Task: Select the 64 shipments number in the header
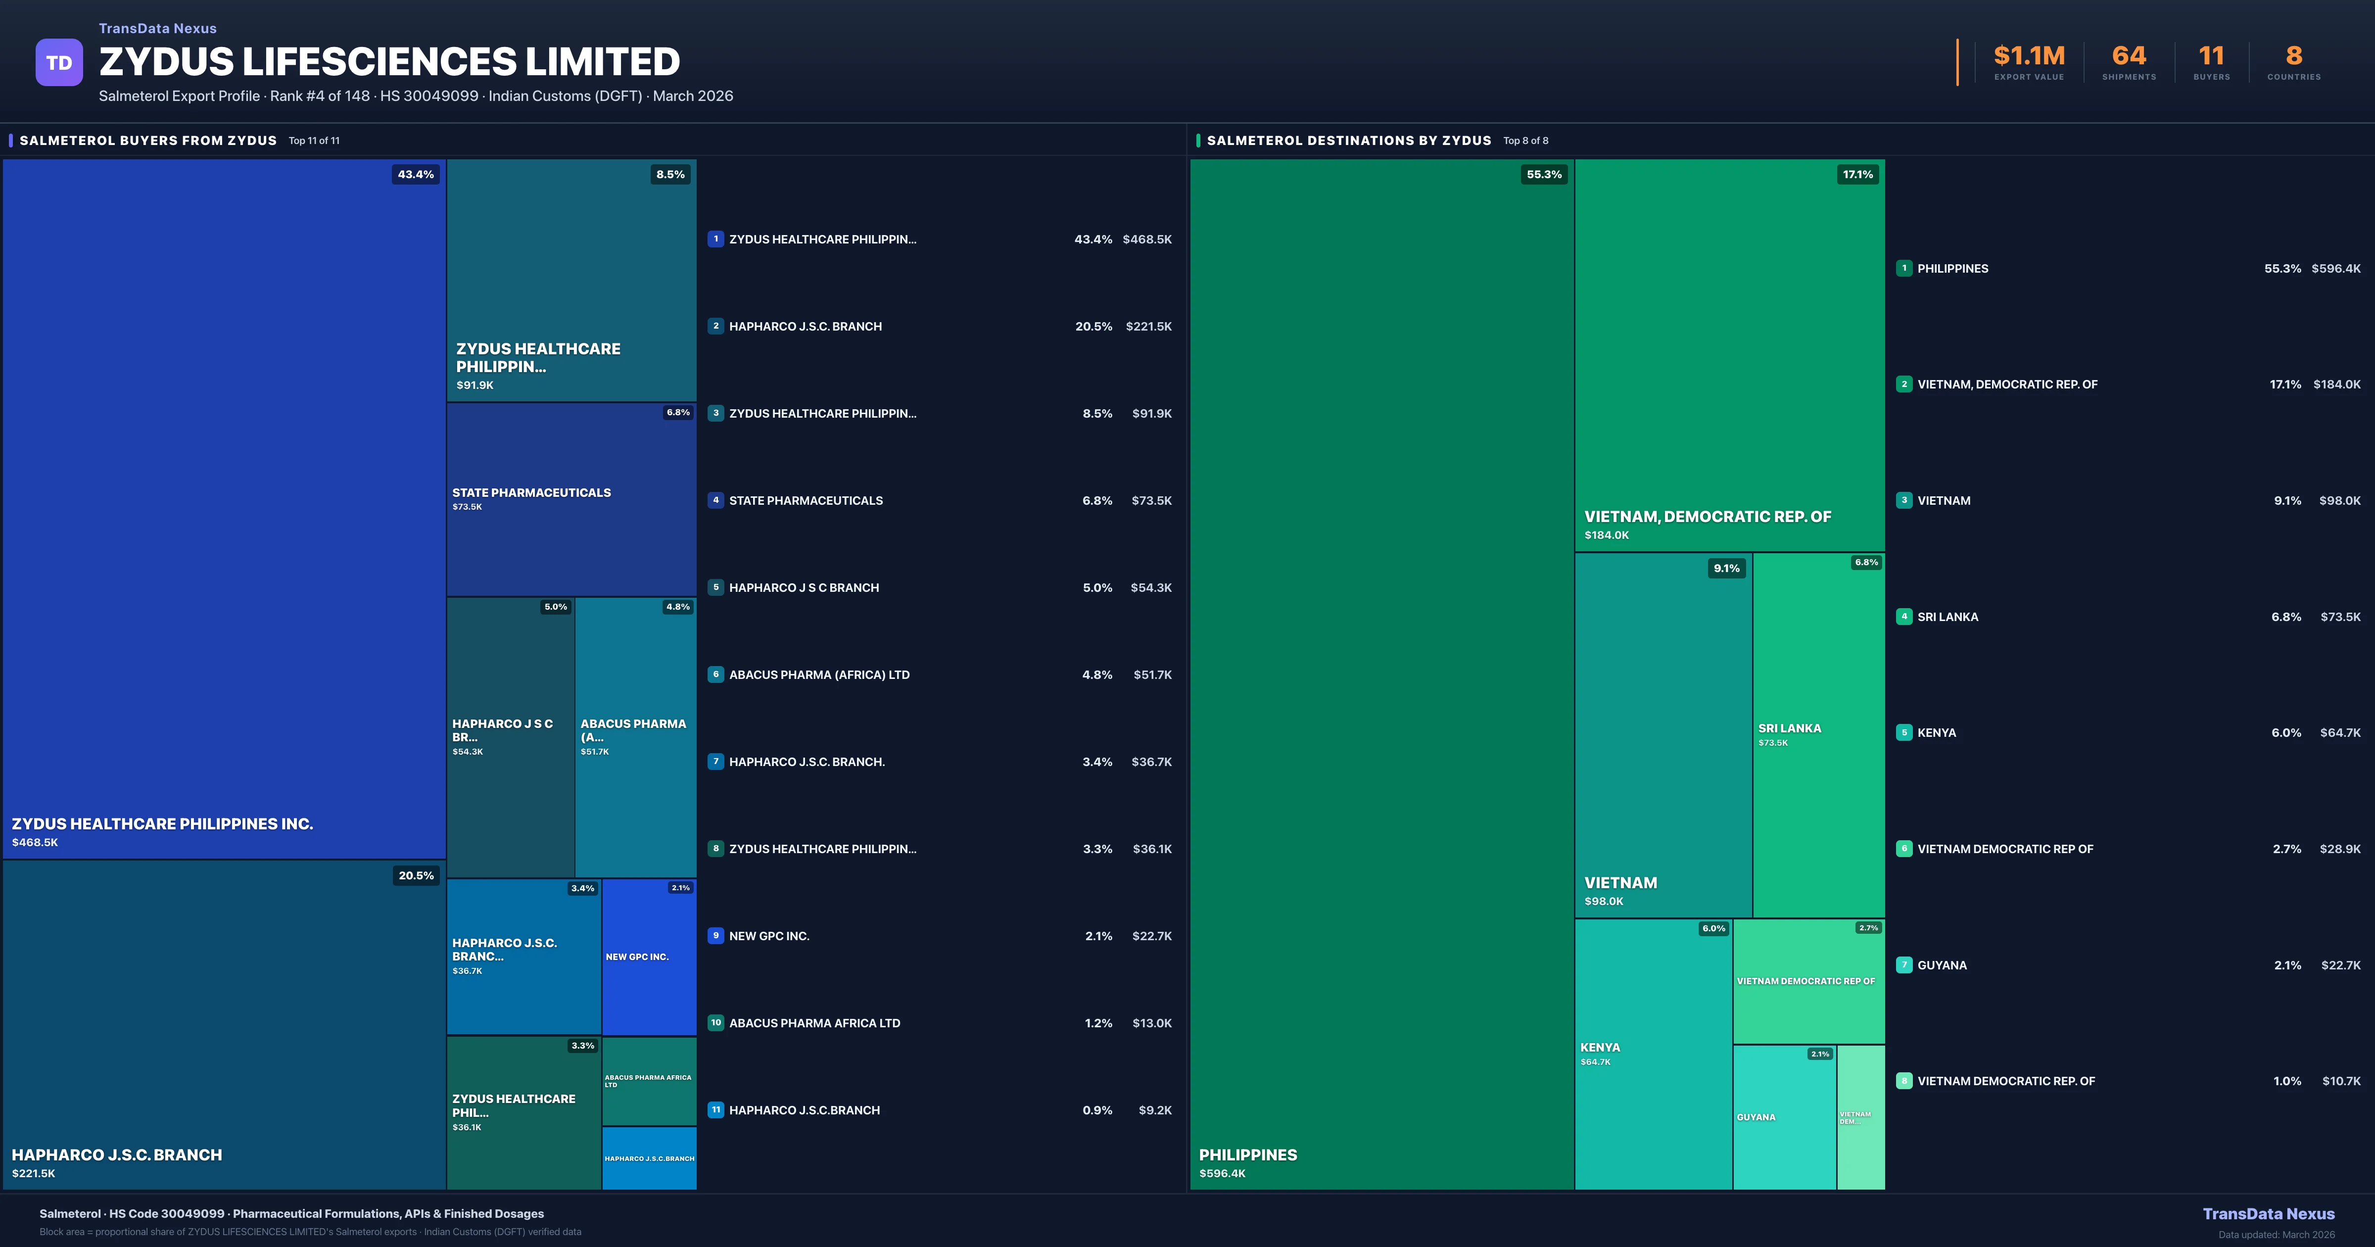2128,56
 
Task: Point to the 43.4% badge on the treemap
416,174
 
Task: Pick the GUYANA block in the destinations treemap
1784,1117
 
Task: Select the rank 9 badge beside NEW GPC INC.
715,935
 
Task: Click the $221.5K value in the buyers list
1148,327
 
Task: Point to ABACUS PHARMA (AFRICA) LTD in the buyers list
819,675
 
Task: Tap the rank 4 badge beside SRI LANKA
1904,616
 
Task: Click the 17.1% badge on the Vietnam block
1858,174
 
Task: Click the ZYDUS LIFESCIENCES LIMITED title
389,62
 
